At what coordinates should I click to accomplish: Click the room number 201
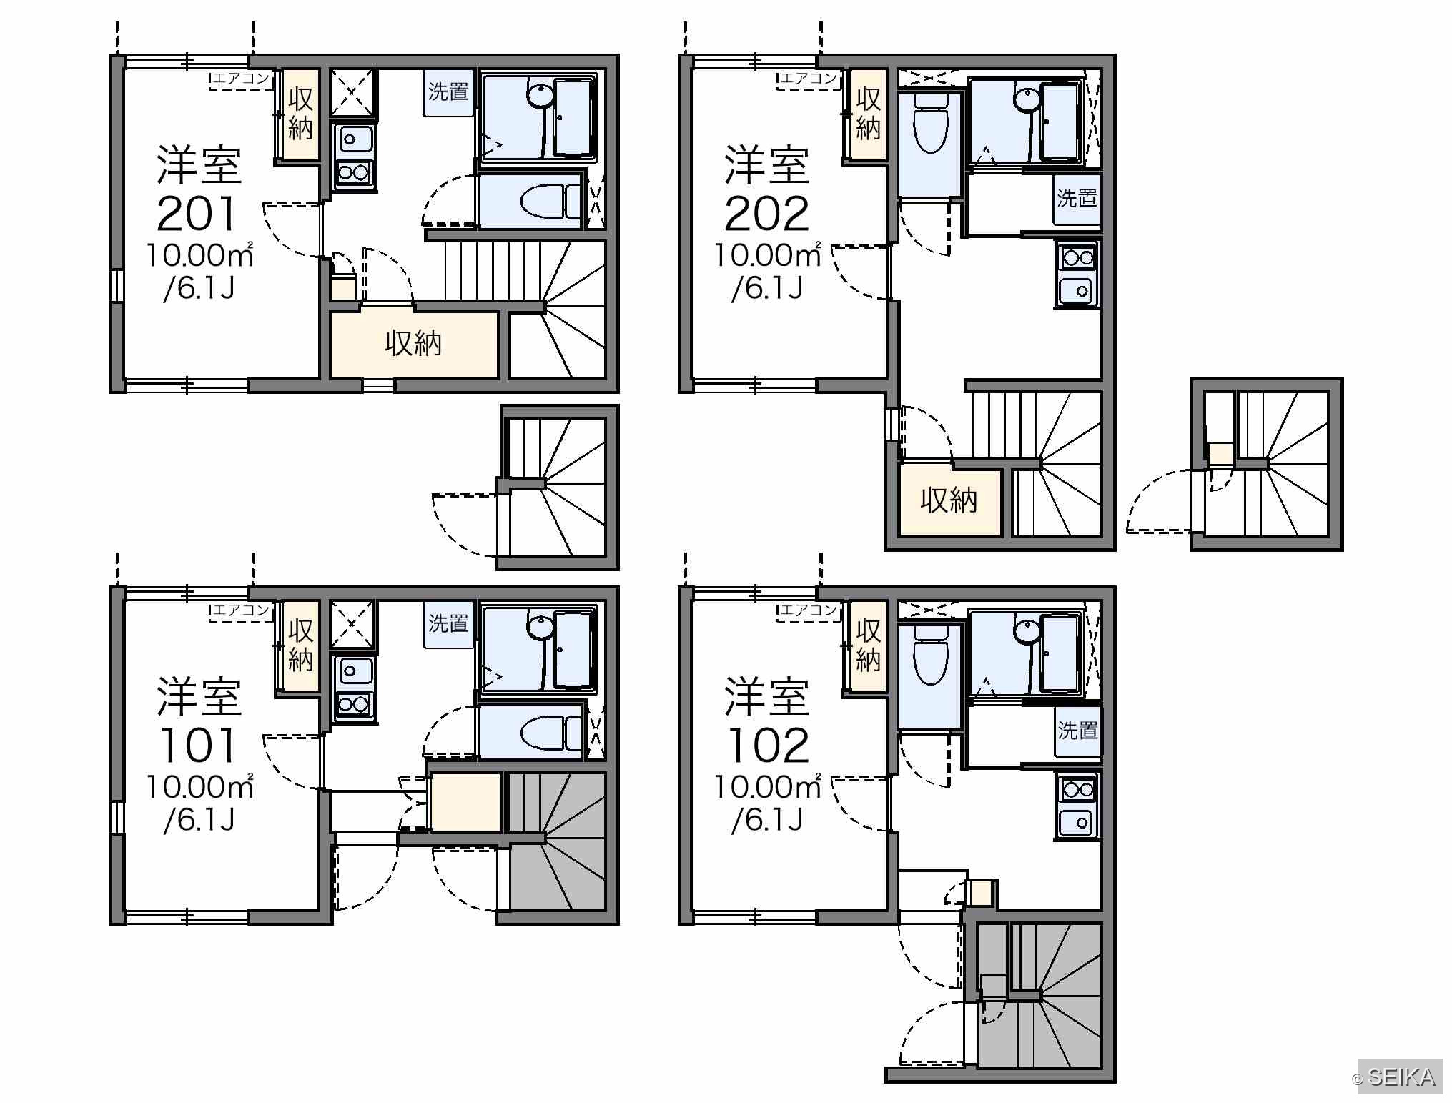197,214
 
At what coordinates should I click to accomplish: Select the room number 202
766,214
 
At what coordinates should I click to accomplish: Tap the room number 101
197,746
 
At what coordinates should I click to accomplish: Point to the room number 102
768,746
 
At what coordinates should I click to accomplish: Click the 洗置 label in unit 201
448,92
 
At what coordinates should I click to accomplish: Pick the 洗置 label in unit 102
1077,731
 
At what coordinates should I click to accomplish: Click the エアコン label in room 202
809,79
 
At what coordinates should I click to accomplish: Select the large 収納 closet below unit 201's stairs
414,345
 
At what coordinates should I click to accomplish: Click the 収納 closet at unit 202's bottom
949,500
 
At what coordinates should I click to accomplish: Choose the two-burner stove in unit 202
1077,257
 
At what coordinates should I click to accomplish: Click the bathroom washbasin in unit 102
1027,629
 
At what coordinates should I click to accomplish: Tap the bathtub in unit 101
574,650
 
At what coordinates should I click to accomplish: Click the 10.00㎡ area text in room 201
199,255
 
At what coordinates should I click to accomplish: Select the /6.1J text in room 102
767,820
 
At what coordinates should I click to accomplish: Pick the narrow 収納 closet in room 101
300,646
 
